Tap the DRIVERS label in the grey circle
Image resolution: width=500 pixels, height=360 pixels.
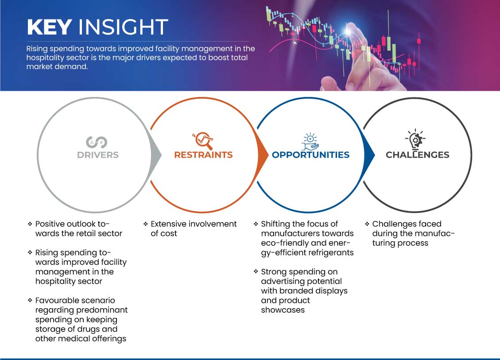point(98,155)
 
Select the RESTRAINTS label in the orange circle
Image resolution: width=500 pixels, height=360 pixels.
point(203,155)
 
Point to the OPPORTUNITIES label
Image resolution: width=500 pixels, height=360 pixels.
point(310,155)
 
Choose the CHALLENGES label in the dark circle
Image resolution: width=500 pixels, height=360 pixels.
point(418,155)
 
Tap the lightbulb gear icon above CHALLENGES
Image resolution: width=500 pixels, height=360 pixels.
point(415,139)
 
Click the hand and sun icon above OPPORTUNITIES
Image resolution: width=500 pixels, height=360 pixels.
point(310,142)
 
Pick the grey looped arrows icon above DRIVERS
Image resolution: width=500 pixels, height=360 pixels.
point(97,142)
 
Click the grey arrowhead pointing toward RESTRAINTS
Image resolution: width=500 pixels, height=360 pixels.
point(156,155)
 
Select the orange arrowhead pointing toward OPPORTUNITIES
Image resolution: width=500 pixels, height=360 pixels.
point(263,155)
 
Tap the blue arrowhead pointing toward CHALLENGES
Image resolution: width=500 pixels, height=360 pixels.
point(369,155)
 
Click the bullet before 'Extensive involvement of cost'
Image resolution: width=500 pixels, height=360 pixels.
point(145,224)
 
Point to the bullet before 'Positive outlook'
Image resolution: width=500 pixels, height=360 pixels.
point(30,224)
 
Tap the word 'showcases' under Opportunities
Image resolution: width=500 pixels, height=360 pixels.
point(283,310)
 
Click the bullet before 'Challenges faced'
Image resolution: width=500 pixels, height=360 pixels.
point(367,224)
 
